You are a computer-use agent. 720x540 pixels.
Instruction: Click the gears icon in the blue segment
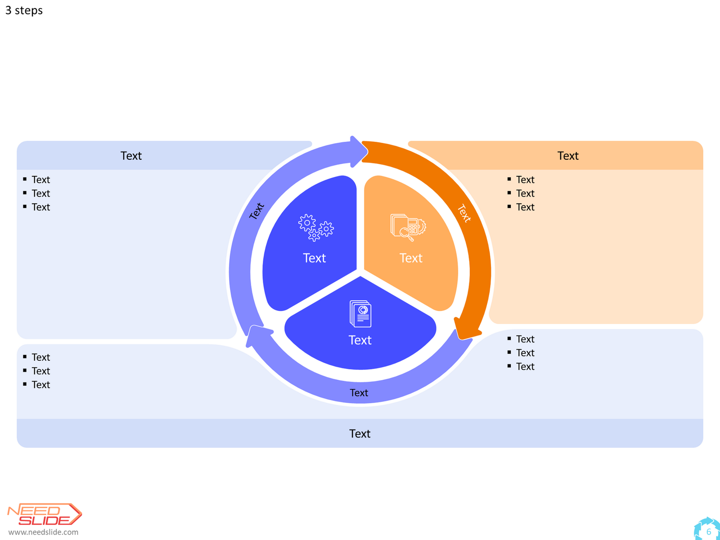316,228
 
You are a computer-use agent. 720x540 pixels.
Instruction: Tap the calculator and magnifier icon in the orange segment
408,227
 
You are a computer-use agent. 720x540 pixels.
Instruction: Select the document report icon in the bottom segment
360,314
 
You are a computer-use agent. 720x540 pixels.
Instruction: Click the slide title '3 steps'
24,10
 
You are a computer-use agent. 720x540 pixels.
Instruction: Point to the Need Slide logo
45,514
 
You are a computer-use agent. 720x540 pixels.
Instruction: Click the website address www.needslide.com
43,532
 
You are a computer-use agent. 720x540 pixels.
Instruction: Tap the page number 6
708,531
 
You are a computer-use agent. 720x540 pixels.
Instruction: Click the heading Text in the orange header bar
568,156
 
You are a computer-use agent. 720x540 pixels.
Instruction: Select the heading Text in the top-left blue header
131,156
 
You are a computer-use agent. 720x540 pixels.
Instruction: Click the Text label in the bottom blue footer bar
360,433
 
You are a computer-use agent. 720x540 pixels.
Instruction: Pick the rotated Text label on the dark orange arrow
464,213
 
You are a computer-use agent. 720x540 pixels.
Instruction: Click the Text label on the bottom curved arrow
359,392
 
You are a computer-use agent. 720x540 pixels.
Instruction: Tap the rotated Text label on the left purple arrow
256,211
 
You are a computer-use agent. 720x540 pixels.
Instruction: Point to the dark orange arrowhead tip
463,339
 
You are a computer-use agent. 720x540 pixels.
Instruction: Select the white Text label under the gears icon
314,258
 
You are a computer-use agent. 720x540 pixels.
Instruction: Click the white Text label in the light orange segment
411,258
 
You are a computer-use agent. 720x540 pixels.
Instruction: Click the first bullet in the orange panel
521,180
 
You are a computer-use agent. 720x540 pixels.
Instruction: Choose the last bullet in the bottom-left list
37,385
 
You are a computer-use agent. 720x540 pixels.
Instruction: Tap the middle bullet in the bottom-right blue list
521,353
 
